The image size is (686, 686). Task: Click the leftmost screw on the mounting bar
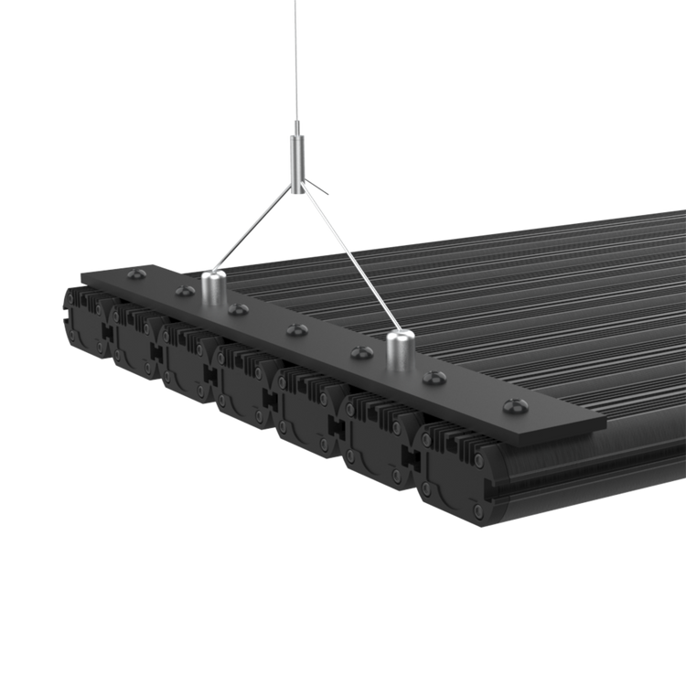tap(136, 273)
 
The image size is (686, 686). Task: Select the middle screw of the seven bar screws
tap(295, 329)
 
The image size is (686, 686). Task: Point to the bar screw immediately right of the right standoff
tap(431, 377)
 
